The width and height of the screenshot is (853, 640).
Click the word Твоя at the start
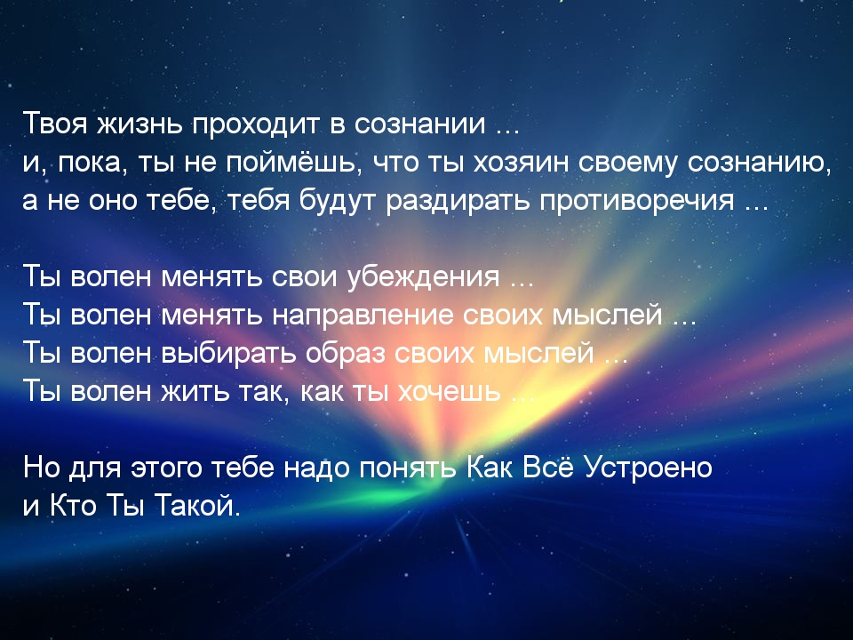(55, 124)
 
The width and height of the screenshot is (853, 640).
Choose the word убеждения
(423, 277)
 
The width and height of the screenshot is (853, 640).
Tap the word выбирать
(229, 353)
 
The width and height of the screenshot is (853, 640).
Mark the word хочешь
(450, 392)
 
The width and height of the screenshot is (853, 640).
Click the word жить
(195, 391)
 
